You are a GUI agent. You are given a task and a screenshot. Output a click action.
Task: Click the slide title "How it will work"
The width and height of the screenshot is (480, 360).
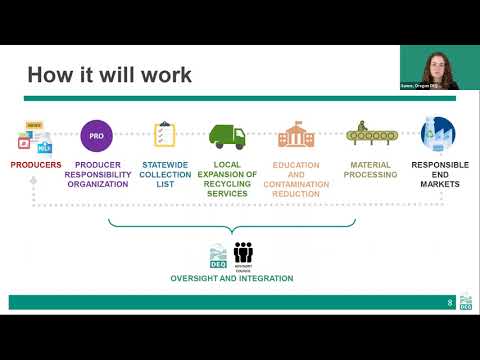[x=109, y=75]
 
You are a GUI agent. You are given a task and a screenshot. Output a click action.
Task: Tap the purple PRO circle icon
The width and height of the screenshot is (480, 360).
[x=97, y=134]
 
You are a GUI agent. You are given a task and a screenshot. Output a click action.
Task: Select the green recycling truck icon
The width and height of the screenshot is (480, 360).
[x=227, y=135]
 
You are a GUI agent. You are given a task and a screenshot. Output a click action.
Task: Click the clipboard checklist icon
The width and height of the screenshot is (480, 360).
[x=164, y=134]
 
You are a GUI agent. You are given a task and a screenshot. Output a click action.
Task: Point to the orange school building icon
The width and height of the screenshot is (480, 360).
[x=296, y=134]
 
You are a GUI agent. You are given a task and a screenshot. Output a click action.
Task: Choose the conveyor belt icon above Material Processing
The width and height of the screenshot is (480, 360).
[x=368, y=133]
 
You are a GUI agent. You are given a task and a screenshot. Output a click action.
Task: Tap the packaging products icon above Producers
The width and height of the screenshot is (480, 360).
[x=35, y=136]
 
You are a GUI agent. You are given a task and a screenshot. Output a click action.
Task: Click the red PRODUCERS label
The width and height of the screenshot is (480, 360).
[x=36, y=164]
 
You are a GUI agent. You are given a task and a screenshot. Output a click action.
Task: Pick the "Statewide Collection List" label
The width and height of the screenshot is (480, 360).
[x=165, y=174]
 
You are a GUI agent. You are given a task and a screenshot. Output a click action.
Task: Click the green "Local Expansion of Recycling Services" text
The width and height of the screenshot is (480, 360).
[x=234, y=179]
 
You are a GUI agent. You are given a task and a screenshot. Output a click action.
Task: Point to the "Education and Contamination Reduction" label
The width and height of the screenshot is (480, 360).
[x=297, y=179]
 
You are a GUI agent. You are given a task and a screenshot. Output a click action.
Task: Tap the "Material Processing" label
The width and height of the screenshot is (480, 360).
[x=369, y=169]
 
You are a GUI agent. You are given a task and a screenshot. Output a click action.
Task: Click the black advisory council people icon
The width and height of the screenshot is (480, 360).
[x=243, y=254]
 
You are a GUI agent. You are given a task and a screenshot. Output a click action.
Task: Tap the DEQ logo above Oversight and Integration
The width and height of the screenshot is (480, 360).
[x=218, y=255]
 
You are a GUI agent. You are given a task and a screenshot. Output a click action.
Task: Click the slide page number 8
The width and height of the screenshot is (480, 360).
[x=450, y=301]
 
